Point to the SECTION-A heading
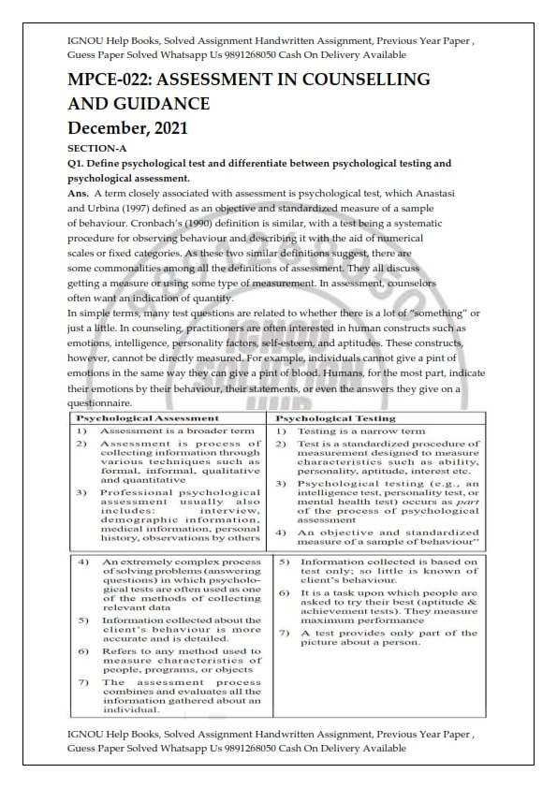click(97, 148)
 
